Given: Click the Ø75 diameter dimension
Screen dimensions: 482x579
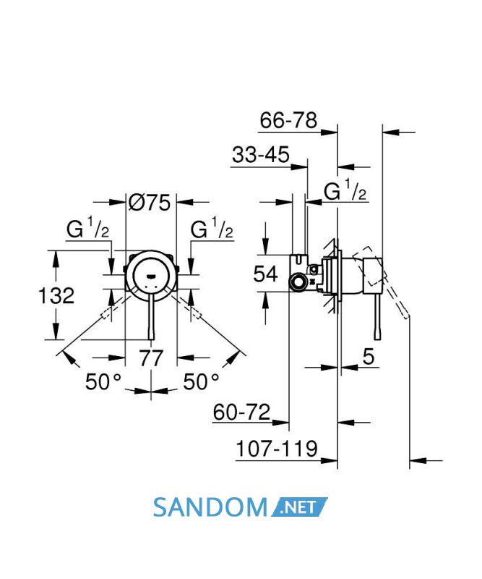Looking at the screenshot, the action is click(x=150, y=203).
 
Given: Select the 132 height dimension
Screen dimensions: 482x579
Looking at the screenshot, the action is click(x=56, y=296).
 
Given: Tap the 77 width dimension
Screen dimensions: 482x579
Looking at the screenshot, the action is click(x=151, y=358).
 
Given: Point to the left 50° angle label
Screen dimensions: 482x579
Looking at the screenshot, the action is click(x=103, y=381).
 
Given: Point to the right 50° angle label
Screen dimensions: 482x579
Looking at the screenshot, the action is click(x=202, y=381).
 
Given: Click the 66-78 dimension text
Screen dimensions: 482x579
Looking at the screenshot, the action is click(x=288, y=120).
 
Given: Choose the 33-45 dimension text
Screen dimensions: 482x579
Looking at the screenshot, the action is click(x=261, y=154).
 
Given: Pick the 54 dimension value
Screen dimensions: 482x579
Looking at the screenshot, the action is click(x=265, y=274).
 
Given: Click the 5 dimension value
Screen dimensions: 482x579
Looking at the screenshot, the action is click(x=369, y=357).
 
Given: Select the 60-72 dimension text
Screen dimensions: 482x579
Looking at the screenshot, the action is click(x=241, y=412).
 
